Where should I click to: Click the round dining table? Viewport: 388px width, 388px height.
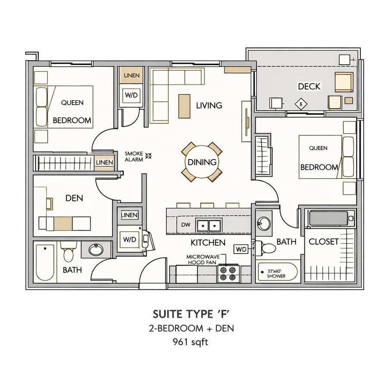click(x=202, y=162)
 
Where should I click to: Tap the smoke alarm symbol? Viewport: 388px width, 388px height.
click(x=148, y=156)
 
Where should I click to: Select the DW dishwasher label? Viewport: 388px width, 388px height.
click(x=185, y=225)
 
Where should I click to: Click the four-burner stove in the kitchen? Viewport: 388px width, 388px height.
click(x=228, y=273)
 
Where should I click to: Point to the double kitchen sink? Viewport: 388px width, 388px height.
click(x=209, y=225)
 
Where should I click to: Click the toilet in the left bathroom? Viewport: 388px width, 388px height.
click(x=68, y=252)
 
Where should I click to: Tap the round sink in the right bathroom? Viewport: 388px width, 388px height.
click(x=263, y=223)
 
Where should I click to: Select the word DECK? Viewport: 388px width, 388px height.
click(x=309, y=86)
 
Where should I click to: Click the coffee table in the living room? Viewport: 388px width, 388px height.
click(x=185, y=106)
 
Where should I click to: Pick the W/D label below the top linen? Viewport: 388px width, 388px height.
click(x=131, y=95)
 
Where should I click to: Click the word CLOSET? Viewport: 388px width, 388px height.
click(x=323, y=241)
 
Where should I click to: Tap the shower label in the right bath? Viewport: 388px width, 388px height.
click(x=276, y=273)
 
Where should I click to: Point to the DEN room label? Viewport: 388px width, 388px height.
click(x=74, y=198)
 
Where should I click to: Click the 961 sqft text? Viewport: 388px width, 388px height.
click(x=191, y=342)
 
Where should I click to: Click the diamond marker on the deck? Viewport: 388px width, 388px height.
click(x=301, y=104)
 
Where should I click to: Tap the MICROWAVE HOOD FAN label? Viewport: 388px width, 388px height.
click(x=203, y=260)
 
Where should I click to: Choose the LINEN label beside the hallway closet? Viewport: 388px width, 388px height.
click(x=104, y=163)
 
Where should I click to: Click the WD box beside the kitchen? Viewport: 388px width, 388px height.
click(x=241, y=250)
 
